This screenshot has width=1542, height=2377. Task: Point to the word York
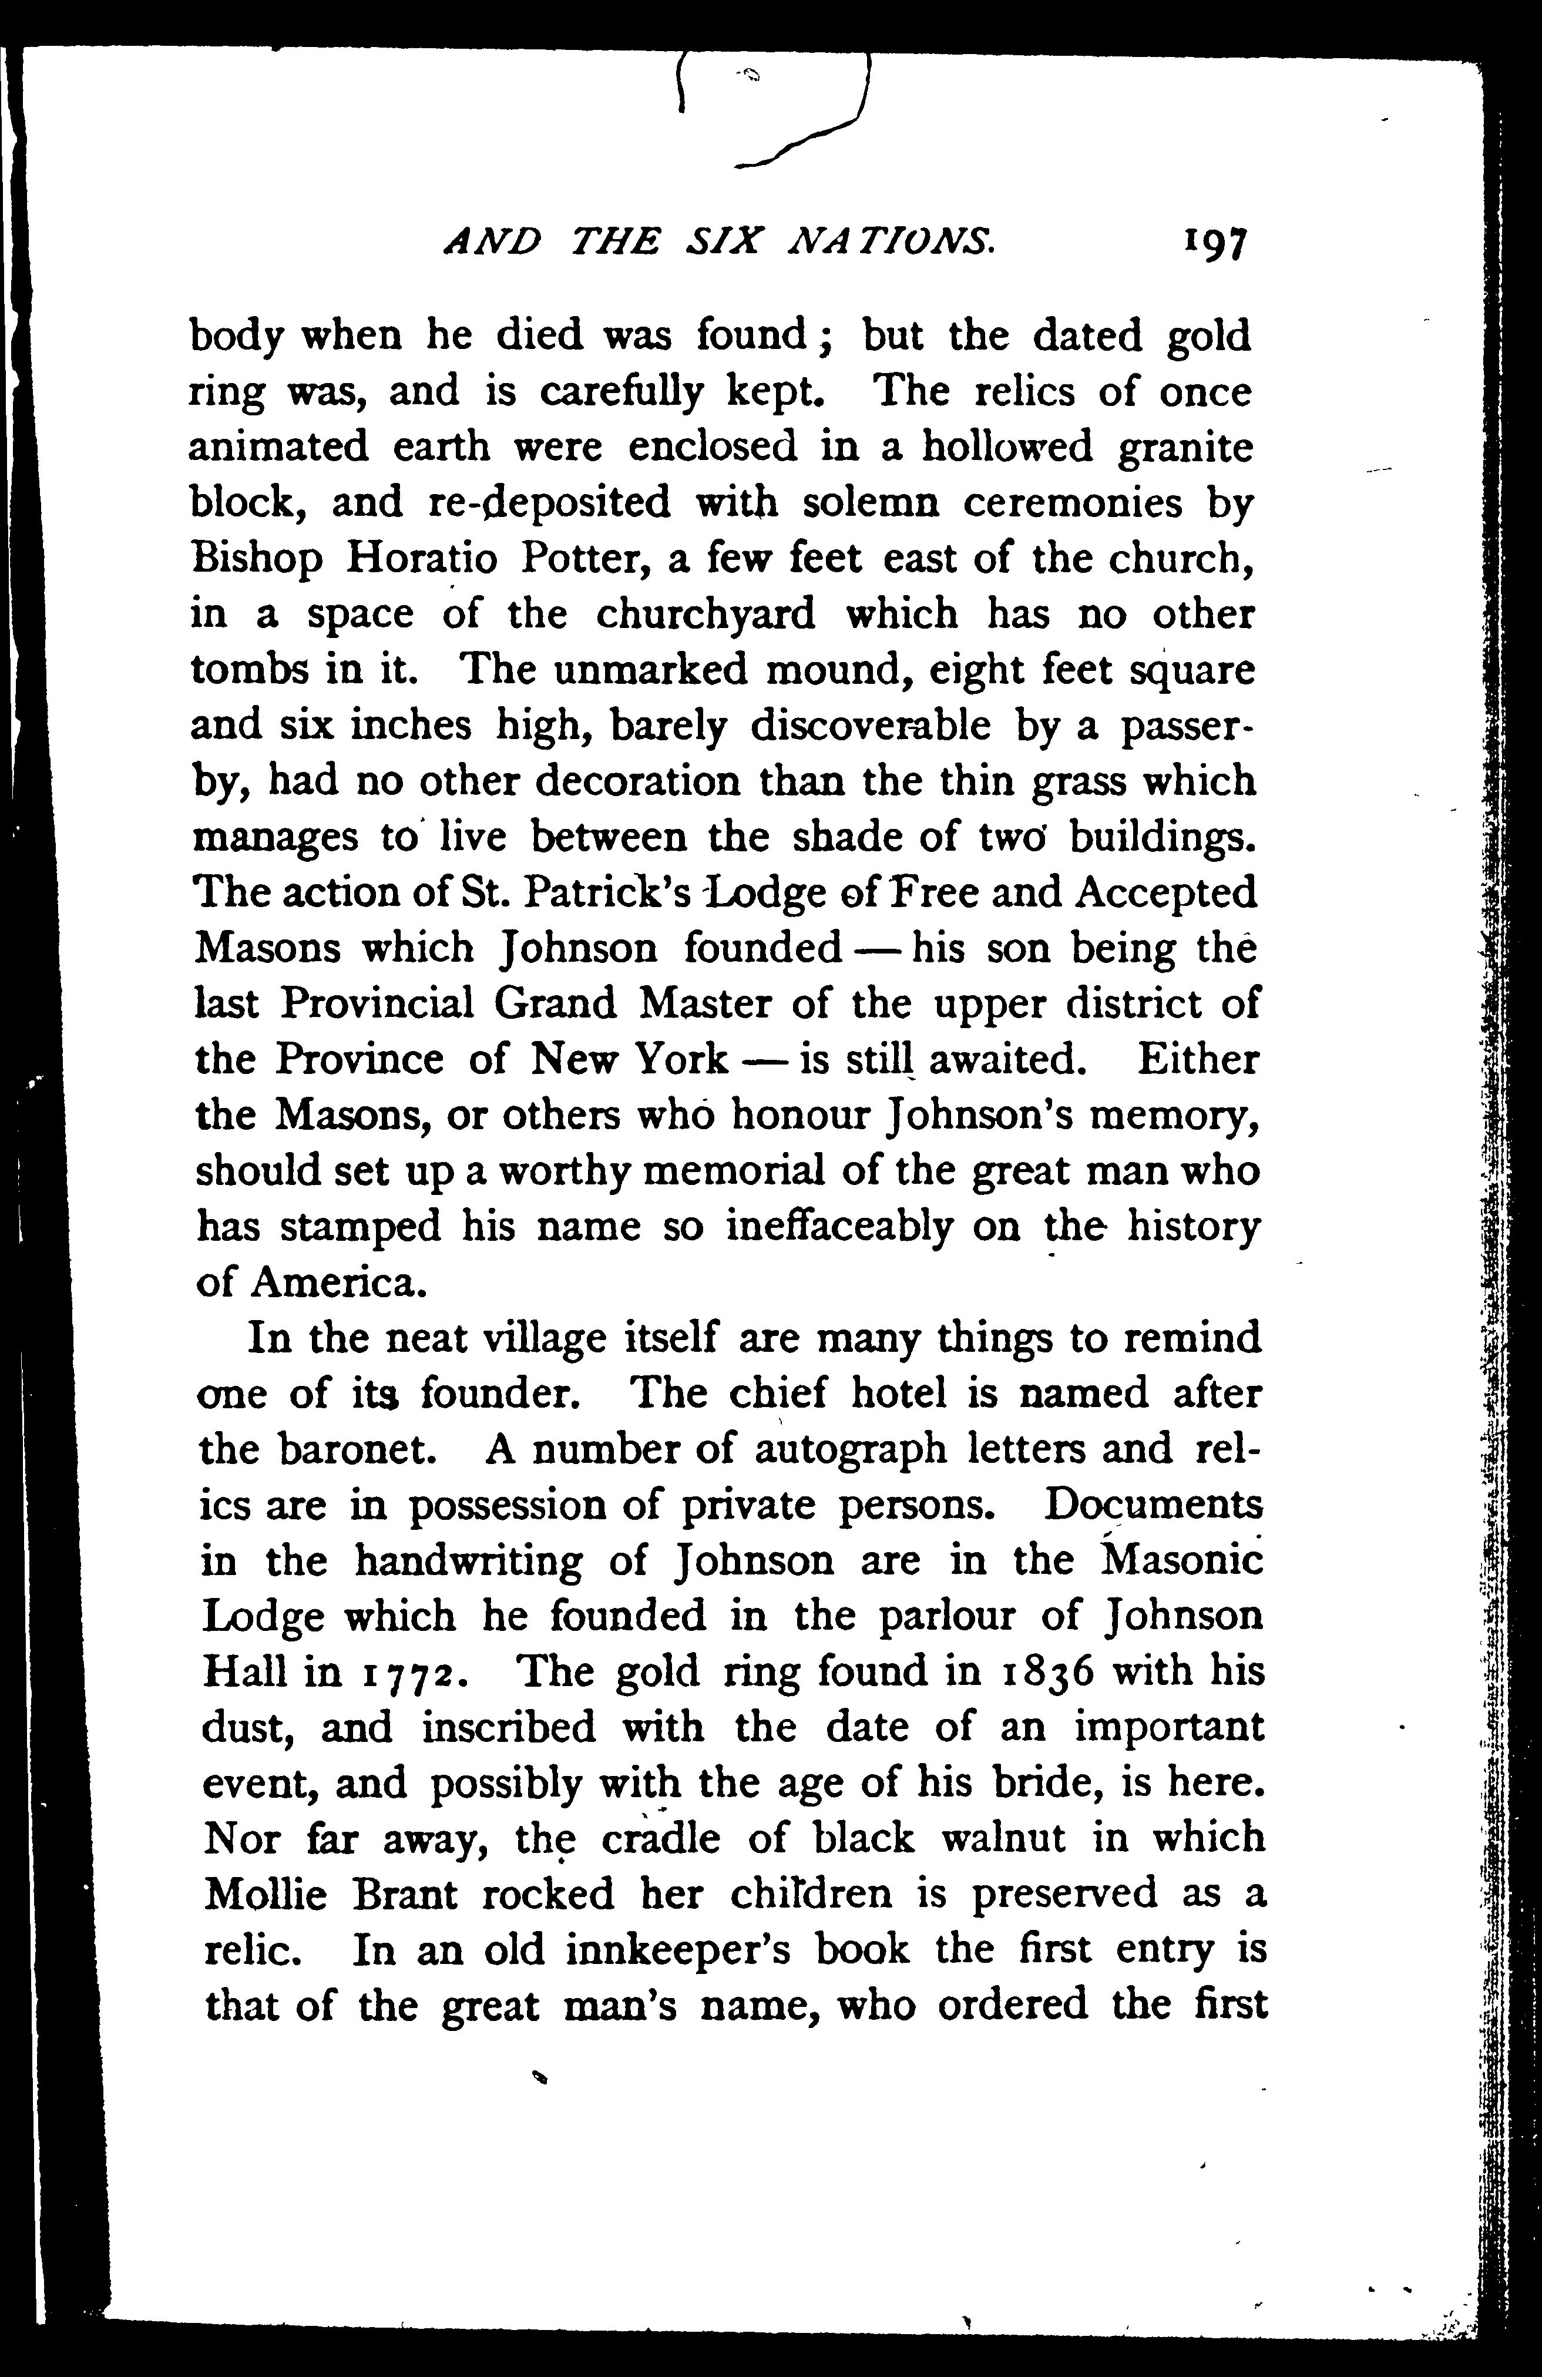[681, 1059]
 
